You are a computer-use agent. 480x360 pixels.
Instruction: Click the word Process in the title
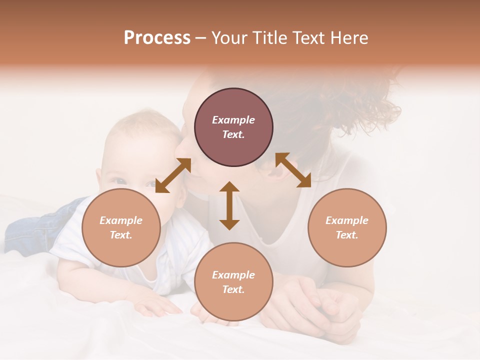coord(157,38)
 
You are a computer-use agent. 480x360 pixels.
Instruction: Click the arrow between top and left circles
coord(173,175)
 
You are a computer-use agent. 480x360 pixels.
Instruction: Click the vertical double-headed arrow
coord(229,205)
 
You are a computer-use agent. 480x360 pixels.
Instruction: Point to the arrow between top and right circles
coord(293,170)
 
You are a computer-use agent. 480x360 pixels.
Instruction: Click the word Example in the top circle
coord(233,120)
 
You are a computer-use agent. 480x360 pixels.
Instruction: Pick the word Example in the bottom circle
coord(233,275)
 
